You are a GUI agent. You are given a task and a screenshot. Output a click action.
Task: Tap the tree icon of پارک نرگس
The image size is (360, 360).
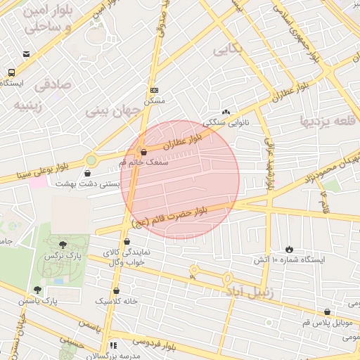[63, 245]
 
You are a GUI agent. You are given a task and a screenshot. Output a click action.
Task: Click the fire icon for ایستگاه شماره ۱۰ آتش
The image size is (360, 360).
[289, 249]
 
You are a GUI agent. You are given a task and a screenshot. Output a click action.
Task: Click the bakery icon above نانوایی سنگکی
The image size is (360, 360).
[226, 111]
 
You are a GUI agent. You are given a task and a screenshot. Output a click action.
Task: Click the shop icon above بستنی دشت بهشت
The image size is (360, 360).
[87, 172]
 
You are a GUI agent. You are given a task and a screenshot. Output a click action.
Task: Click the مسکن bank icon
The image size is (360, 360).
[155, 89]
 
